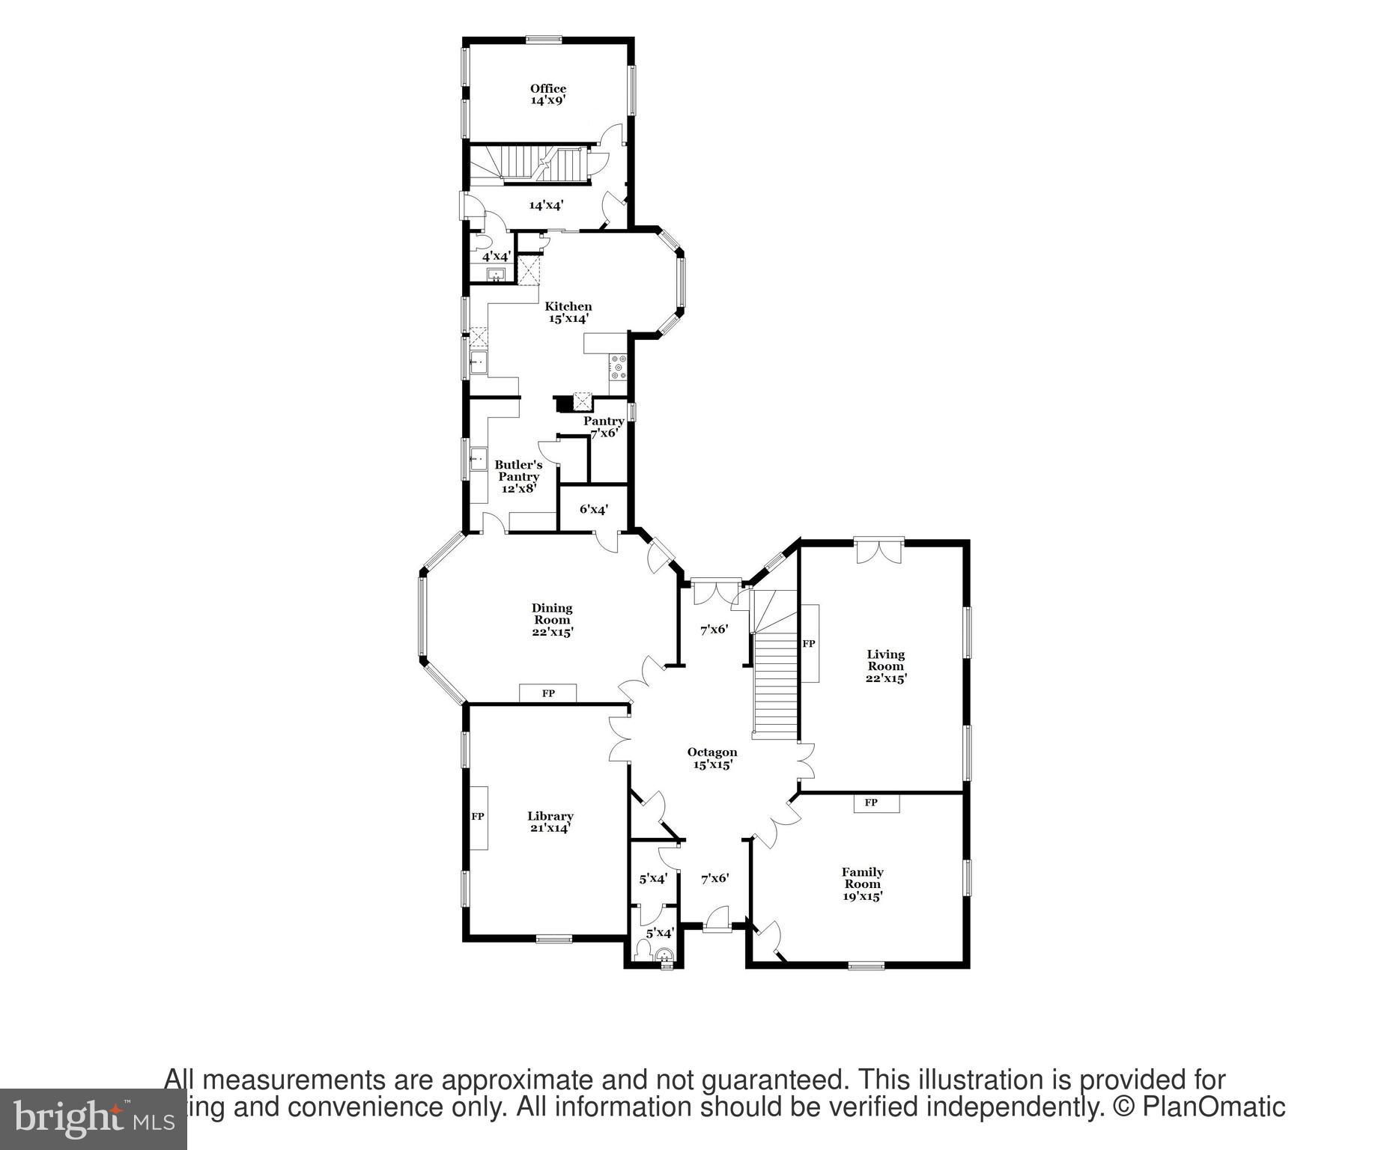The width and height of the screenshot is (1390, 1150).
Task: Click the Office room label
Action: pyautogui.click(x=548, y=94)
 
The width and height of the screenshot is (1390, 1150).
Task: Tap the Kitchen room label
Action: pyautogui.click(x=568, y=312)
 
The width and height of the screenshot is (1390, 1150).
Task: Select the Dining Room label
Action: pyautogui.click(x=552, y=620)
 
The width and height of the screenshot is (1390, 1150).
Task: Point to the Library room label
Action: pyautogui.click(x=550, y=822)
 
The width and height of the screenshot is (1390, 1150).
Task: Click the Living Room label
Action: pyautogui.click(x=886, y=666)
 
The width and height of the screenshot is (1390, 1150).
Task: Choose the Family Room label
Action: pyautogui.click(x=863, y=884)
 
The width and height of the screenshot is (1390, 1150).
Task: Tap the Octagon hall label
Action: pyautogui.click(x=712, y=758)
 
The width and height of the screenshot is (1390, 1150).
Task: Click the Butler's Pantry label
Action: pyautogui.click(x=518, y=477)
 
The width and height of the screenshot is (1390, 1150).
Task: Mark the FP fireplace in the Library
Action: pyautogui.click(x=478, y=817)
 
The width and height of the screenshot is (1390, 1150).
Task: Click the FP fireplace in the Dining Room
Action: pyautogui.click(x=548, y=693)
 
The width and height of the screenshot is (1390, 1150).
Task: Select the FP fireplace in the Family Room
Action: pyautogui.click(x=871, y=803)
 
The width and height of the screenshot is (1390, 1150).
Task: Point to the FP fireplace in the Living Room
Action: pyautogui.click(x=809, y=644)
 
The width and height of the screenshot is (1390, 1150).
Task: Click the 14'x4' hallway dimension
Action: pyautogui.click(x=546, y=204)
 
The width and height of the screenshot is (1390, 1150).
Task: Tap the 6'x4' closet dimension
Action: pyautogui.click(x=594, y=509)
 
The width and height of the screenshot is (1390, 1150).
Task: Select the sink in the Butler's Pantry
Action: pyautogui.click(x=478, y=458)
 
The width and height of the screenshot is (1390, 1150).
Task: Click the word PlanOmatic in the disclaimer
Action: pyautogui.click(x=1214, y=1107)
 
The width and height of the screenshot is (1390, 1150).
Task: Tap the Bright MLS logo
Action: pyautogui.click(x=93, y=1119)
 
